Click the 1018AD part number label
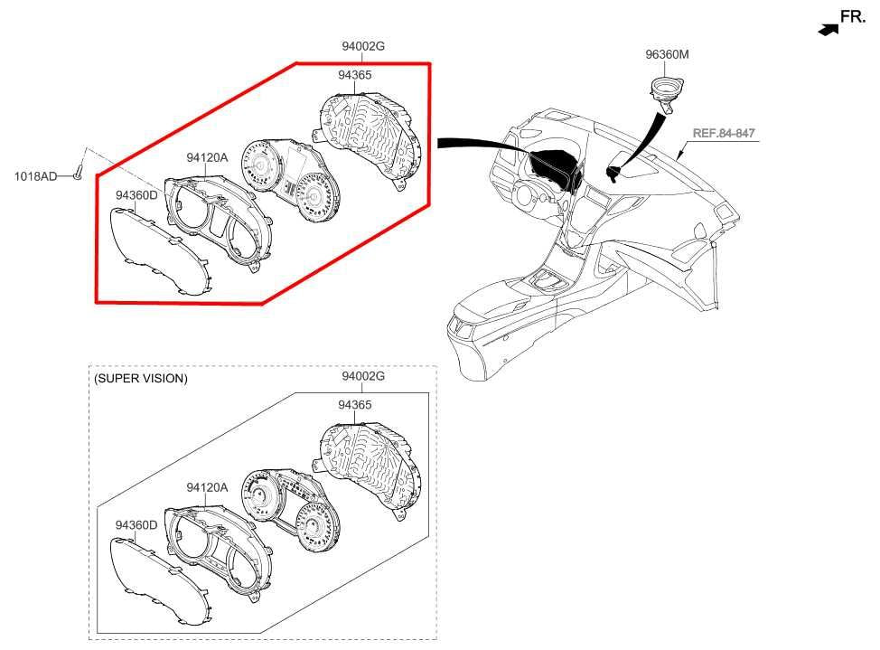pyautogui.click(x=35, y=176)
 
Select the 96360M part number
pyautogui.click(x=667, y=54)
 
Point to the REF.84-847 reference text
pyautogui.click(x=724, y=133)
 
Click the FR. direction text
pyautogui.click(x=853, y=17)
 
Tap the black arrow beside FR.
pyautogui.click(x=829, y=30)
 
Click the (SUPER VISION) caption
pyautogui.click(x=140, y=379)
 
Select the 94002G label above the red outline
pyautogui.click(x=363, y=46)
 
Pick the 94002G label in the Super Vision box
pyautogui.click(x=363, y=376)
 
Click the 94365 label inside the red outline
pyautogui.click(x=355, y=75)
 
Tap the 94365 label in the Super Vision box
pyautogui.click(x=355, y=404)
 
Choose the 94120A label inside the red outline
pyautogui.click(x=207, y=158)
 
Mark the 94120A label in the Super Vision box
pyautogui.click(x=207, y=487)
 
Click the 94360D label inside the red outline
pyautogui.click(x=136, y=195)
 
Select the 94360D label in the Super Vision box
pyautogui.click(x=136, y=524)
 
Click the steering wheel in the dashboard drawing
pyautogui.click(x=530, y=193)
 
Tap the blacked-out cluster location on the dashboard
pyautogui.click(x=553, y=167)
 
